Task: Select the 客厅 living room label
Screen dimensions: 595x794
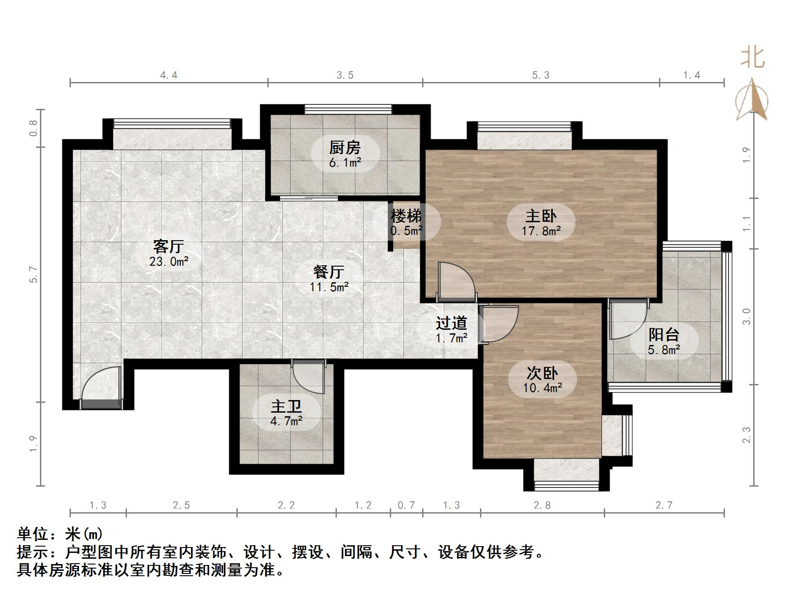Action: tap(169, 246)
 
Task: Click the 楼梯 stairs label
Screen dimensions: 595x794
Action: tap(406, 216)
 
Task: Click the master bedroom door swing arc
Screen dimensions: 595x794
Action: tap(455, 280)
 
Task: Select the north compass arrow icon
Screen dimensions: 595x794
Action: tap(752, 101)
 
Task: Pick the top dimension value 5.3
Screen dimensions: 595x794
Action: tap(541, 75)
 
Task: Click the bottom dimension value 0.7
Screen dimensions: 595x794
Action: tap(406, 505)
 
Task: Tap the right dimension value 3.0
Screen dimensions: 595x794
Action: tap(746, 316)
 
